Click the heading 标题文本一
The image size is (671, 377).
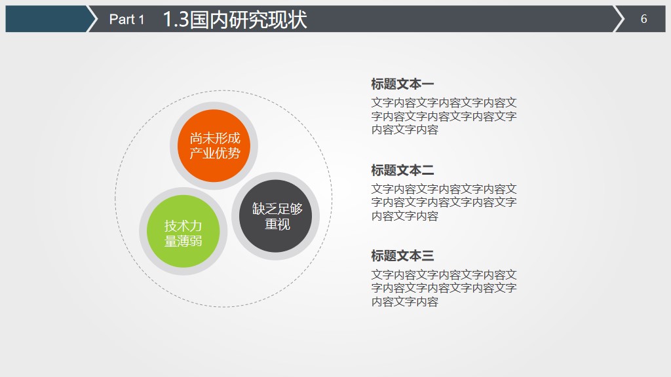click(x=402, y=84)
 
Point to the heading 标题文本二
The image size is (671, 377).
click(x=402, y=170)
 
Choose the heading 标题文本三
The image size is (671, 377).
click(x=402, y=256)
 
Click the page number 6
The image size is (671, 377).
click(x=643, y=19)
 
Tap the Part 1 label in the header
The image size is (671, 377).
click(x=126, y=20)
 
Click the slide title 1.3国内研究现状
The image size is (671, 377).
click(x=234, y=20)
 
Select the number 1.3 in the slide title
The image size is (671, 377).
click(x=175, y=20)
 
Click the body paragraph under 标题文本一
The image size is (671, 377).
click(x=444, y=116)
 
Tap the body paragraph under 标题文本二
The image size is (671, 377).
click(x=444, y=202)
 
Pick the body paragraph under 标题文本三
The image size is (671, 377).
click(x=444, y=288)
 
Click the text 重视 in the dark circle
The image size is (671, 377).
click(x=277, y=224)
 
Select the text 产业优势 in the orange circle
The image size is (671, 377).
click(x=214, y=154)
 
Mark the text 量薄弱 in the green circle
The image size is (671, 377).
click(x=183, y=241)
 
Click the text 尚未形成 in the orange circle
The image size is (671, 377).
click(x=214, y=139)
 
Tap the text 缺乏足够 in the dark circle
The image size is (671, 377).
click(x=277, y=209)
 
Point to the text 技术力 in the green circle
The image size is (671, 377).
click(x=183, y=226)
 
